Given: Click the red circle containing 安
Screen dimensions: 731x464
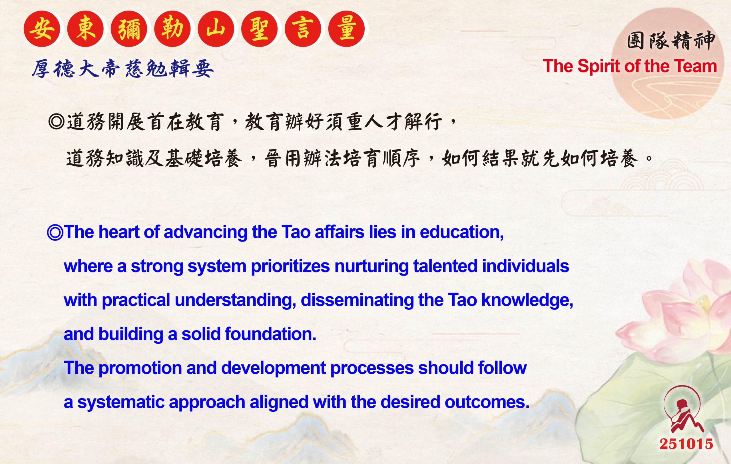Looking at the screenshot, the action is (42, 29).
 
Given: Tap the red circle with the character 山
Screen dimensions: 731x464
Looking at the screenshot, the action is (216, 29).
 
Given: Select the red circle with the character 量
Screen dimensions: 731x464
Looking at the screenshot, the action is (346, 29).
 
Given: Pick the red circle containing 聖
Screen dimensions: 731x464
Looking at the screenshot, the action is (259, 29).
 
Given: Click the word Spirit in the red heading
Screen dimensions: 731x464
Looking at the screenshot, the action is (597, 67).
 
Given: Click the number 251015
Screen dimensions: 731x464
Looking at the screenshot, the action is (686, 444).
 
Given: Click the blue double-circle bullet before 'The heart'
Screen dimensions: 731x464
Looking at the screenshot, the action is (55, 233).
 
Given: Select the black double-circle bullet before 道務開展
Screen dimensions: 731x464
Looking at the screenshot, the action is (57, 122).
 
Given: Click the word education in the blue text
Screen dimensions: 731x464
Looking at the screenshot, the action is (461, 232).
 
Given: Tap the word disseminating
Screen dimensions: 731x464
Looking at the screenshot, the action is (357, 300).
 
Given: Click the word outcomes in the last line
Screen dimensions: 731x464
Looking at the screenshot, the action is (487, 402).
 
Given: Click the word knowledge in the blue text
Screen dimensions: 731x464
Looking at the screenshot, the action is (527, 300).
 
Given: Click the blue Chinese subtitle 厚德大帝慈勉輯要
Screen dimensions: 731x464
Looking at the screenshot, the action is (123, 68).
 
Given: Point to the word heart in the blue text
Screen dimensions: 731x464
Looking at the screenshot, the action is (119, 232).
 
